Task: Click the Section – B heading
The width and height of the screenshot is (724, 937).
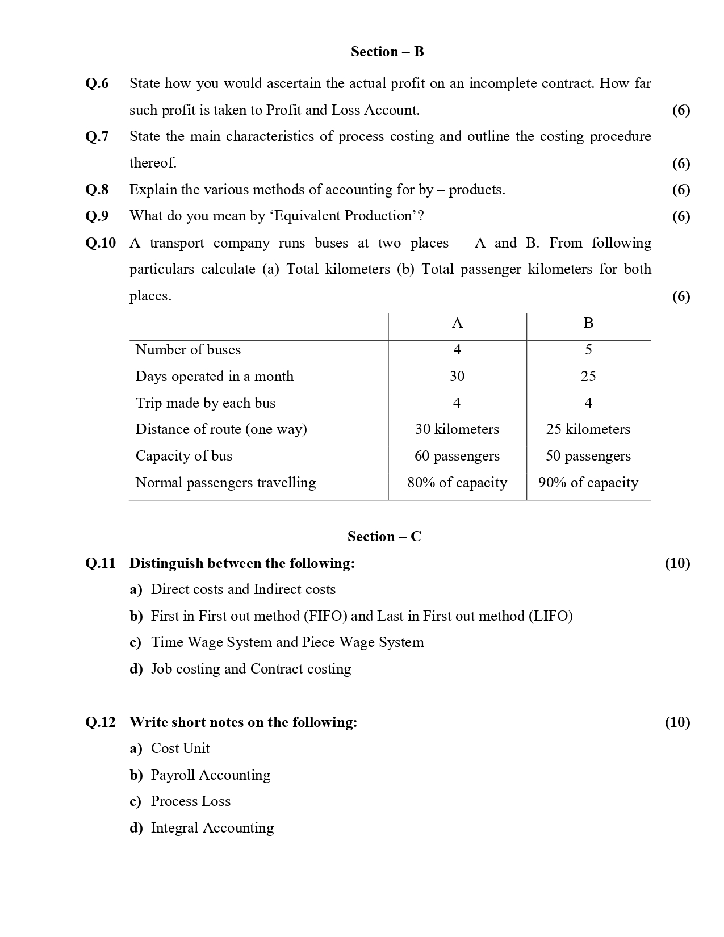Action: tap(387, 52)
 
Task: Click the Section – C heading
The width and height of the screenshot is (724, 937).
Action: tap(384, 537)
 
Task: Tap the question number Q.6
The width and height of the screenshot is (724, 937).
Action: tap(97, 83)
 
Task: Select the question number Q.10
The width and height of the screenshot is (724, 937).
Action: tap(101, 243)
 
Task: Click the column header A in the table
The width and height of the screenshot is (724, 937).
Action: tap(457, 323)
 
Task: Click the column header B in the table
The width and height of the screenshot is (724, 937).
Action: tap(588, 323)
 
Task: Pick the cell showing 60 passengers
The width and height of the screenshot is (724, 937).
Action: tap(457, 456)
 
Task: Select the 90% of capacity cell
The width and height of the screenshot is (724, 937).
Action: tap(588, 483)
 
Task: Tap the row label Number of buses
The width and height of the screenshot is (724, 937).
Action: tap(188, 350)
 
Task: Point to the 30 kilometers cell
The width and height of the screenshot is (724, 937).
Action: tap(457, 429)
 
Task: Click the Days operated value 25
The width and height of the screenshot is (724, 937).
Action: tap(588, 377)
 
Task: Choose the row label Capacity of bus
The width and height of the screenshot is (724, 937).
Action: tap(184, 456)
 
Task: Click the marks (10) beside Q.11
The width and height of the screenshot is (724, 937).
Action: tap(677, 563)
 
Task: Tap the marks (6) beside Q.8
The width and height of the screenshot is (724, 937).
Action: tap(681, 190)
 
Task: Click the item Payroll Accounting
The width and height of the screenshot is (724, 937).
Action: tap(211, 775)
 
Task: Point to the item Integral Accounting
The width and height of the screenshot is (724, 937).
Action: tap(212, 828)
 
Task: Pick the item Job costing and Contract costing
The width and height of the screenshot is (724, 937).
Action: tap(251, 669)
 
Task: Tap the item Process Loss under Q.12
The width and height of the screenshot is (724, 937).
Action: tap(191, 801)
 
